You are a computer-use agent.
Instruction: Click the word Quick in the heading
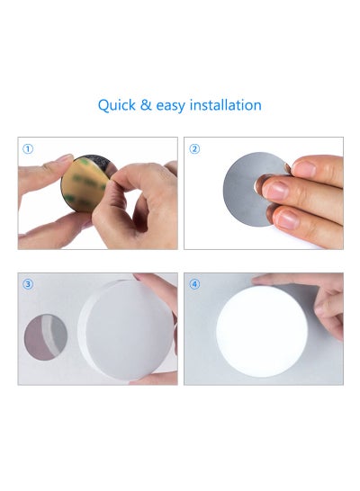click(x=117, y=105)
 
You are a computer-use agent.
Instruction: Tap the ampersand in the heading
click(x=146, y=105)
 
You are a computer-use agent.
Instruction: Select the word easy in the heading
click(x=170, y=106)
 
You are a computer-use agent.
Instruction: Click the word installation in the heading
click(x=226, y=105)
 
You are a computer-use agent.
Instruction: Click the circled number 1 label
click(x=28, y=149)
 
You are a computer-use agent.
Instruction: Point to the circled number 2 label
click(x=194, y=149)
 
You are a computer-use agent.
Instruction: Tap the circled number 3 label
click(x=28, y=284)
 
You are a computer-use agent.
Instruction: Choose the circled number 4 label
click(x=194, y=284)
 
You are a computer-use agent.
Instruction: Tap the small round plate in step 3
click(x=46, y=336)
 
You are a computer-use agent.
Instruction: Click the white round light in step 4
click(x=262, y=331)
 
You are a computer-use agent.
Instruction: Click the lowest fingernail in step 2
click(x=288, y=219)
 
